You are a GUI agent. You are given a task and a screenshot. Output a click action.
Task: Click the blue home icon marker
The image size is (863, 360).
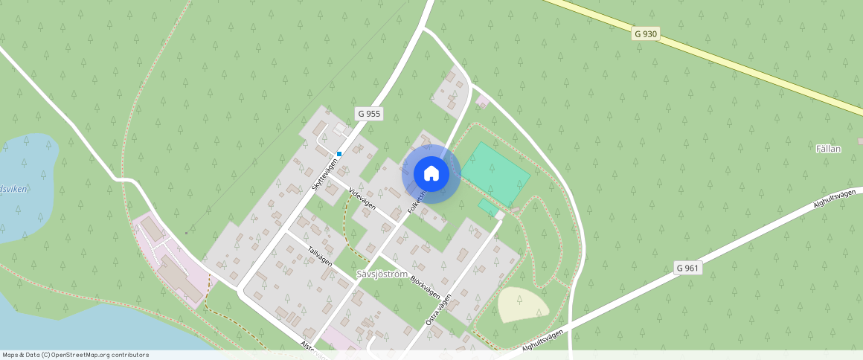(431, 174)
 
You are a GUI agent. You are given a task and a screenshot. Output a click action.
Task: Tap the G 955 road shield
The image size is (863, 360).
(369, 114)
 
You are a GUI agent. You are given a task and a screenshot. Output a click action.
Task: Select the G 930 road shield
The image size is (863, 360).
(646, 33)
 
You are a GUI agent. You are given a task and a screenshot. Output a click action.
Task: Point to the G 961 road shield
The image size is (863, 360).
(689, 268)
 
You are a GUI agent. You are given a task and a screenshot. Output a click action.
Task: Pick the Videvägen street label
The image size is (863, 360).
(362, 198)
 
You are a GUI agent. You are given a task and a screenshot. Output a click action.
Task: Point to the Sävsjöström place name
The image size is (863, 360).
(382, 274)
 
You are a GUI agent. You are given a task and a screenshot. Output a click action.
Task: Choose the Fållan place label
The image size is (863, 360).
(828, 149)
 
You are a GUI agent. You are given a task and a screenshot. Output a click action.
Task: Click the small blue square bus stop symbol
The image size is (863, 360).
(339, 154)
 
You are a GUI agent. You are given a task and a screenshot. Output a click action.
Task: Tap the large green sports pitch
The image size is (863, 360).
(495, 174)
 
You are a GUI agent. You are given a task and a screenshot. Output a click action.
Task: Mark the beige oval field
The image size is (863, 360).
(523, 304)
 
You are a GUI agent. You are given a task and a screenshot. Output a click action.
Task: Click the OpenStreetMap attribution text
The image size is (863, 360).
(76, 355)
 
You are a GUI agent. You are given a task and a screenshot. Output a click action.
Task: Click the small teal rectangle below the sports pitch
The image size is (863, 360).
(487, 206)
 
